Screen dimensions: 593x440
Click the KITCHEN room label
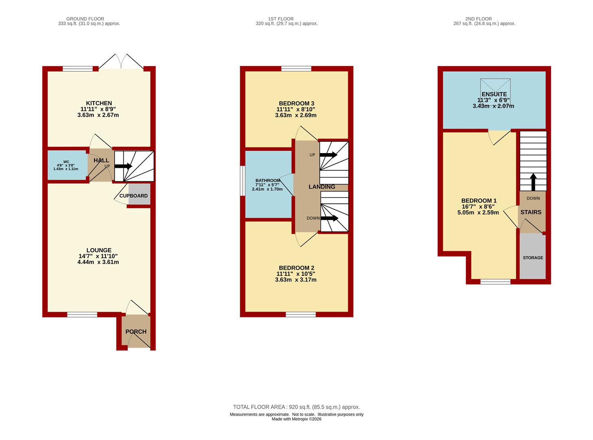pos(99,103)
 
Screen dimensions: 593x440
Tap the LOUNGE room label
pos(99,251)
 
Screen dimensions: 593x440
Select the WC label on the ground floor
pos(66,162)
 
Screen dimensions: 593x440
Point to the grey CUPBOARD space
pos(139,194)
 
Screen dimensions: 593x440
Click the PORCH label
pos(136,332)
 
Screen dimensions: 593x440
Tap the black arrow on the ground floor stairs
pos(123,166)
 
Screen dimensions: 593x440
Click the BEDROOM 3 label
pos(296,103)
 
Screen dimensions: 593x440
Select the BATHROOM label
pos(268,180)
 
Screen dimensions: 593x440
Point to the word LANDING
pos(322,187)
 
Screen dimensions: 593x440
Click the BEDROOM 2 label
pos(296,268)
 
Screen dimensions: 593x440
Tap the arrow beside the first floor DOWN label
pos(329,218)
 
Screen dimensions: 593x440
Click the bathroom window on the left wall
pos(242,181)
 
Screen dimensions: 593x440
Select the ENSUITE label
pos(494,94)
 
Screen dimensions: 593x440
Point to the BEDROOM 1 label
pos(479,200)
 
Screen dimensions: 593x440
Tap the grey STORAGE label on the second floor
pos(533,258)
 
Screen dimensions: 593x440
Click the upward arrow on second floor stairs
pos(533,182)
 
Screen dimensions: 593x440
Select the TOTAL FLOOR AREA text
pos(259,407)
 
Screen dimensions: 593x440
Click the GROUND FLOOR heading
pos(85,19)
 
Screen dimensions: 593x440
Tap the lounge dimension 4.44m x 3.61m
pos(98,262)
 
